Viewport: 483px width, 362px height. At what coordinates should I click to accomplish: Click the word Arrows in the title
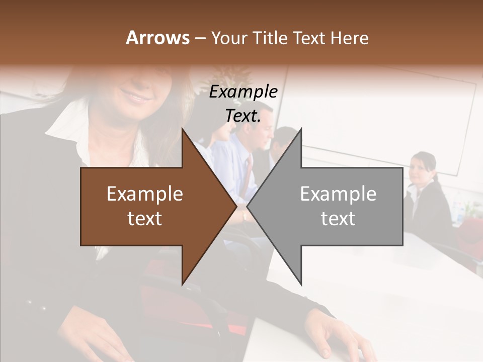pyautogui.click(x=157, y=38)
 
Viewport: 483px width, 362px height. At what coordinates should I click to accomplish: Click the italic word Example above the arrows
pyautogui.click(x=244, y=92)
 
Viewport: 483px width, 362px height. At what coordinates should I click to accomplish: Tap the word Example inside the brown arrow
pyautogui.click(x=145, y=194)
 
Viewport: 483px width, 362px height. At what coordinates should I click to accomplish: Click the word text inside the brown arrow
pyautogui.click(x=145, y=219)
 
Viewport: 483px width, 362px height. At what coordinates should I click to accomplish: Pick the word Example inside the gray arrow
pyautogui.click(x=338, y=194)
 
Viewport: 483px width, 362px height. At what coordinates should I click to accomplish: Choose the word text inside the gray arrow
pyautogui.click(x=338, y=219)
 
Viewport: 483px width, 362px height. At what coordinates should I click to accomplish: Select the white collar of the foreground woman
pyautogui.click(x=68, y=118)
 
